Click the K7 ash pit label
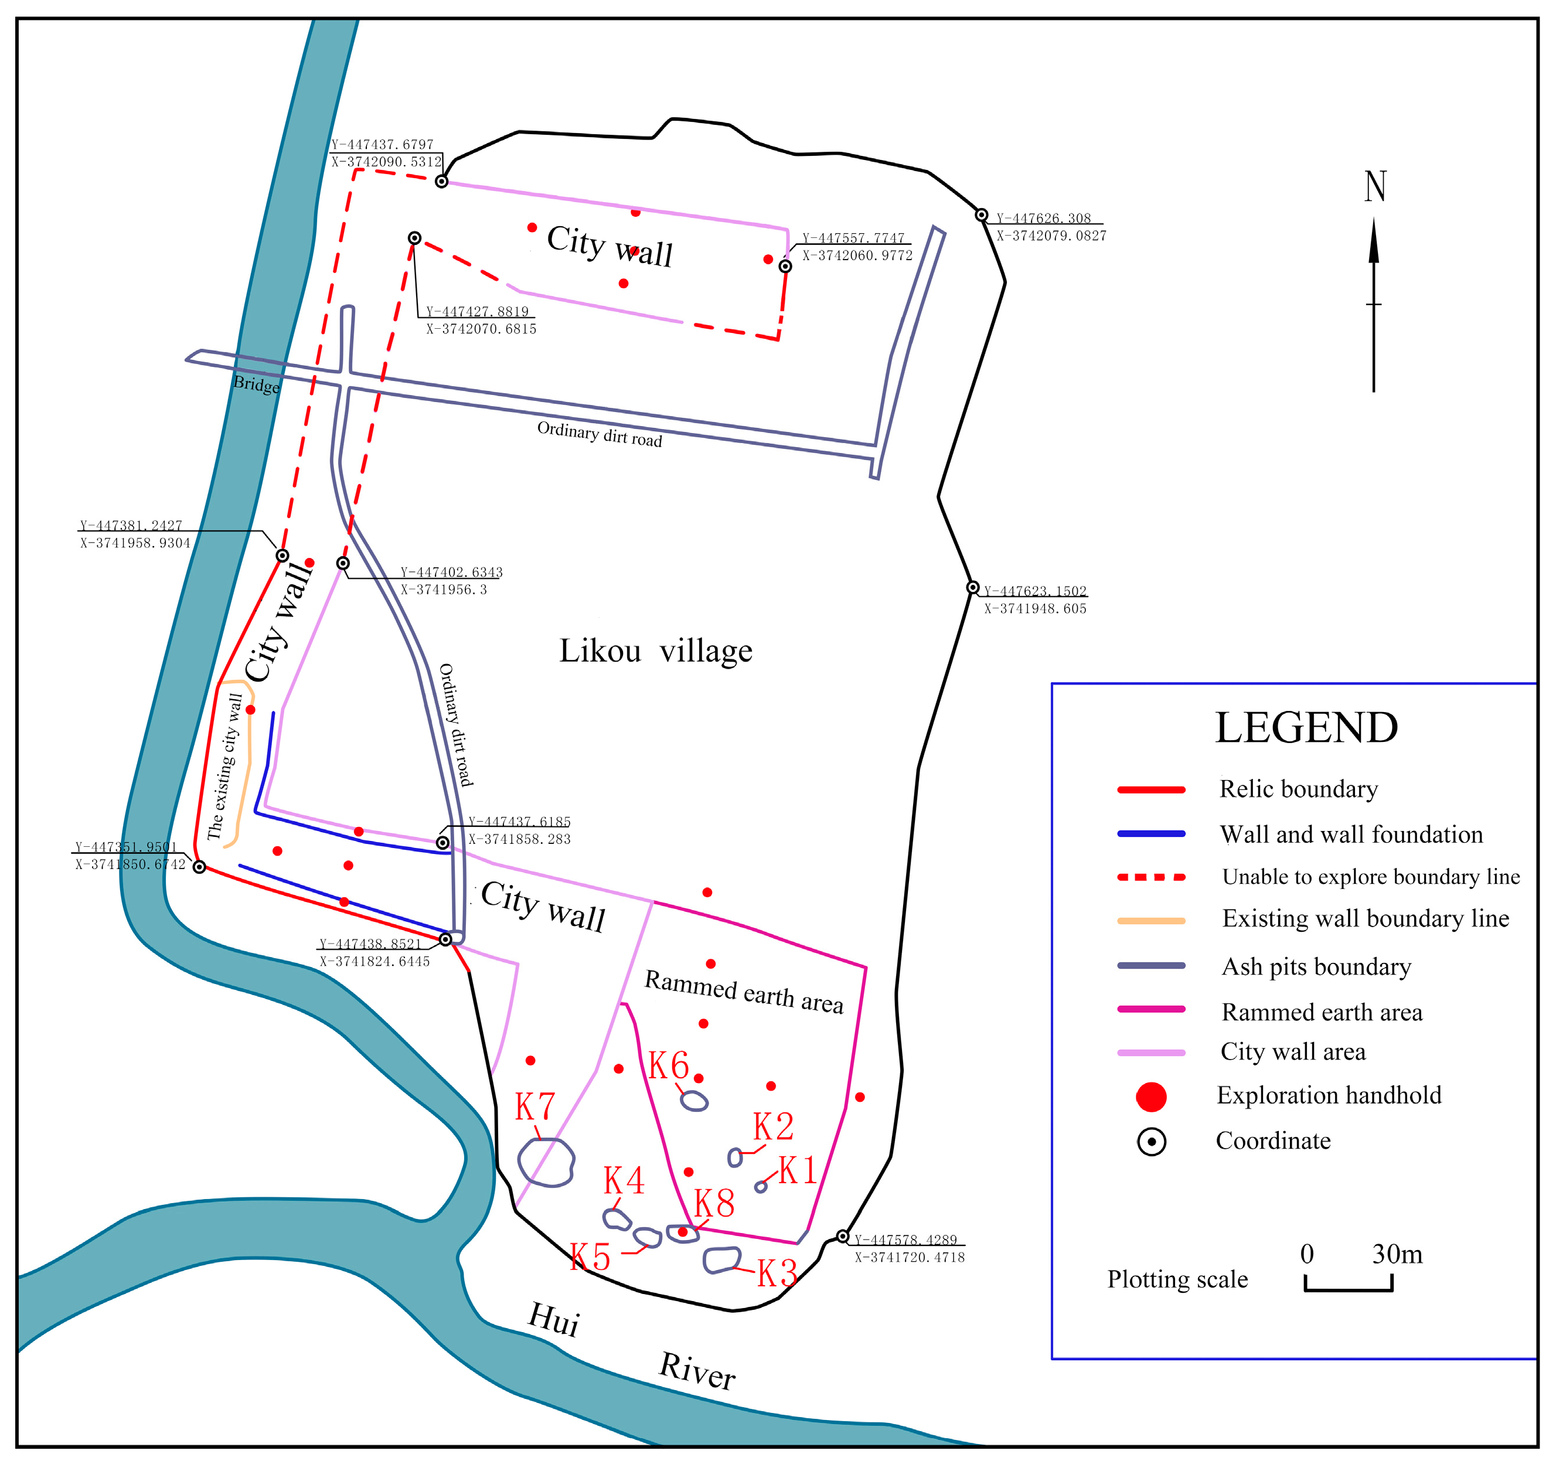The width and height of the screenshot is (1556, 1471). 535,1107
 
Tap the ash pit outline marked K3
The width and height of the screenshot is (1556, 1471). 721,1260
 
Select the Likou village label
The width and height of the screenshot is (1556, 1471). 656,651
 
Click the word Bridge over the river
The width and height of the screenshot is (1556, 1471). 257,384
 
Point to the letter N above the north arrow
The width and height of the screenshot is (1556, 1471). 1375,186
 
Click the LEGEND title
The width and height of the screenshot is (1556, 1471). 1306,728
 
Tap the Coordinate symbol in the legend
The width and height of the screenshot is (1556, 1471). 1150,1142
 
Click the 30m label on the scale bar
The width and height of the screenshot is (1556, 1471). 1397,1254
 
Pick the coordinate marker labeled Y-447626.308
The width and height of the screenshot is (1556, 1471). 981,215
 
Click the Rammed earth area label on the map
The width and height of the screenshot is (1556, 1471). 744,992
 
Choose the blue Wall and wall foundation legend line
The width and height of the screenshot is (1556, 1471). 1150,835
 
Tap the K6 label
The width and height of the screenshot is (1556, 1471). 668,1065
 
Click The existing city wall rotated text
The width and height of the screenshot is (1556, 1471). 225,767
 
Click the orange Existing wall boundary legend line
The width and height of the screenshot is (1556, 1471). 1150,921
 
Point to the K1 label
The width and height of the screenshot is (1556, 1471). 798,1171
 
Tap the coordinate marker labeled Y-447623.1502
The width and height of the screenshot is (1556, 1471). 972,587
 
